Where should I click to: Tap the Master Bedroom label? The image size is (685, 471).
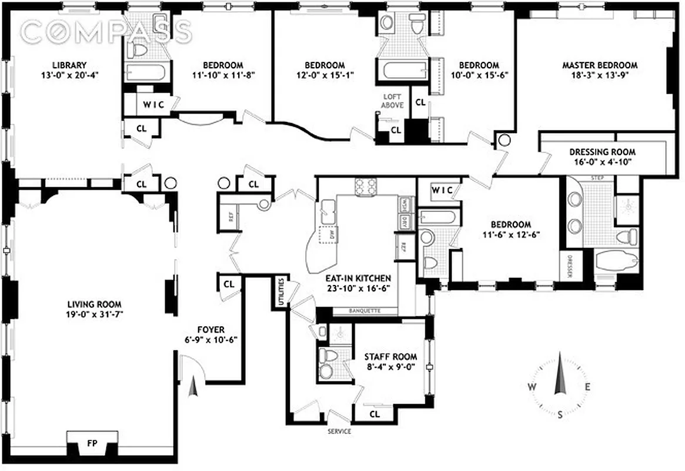click(599, 65)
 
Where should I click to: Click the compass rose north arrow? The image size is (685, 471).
click(560, 377)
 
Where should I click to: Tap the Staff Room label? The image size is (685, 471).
click(390, 356)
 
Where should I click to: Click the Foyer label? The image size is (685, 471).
click(210, 330)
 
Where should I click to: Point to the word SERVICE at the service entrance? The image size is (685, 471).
click(339, 432)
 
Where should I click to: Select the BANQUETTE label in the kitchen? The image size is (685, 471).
click(365, 310)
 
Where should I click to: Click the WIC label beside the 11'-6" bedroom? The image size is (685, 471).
click(441, 190)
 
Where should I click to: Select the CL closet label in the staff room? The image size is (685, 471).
click(375, 414)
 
